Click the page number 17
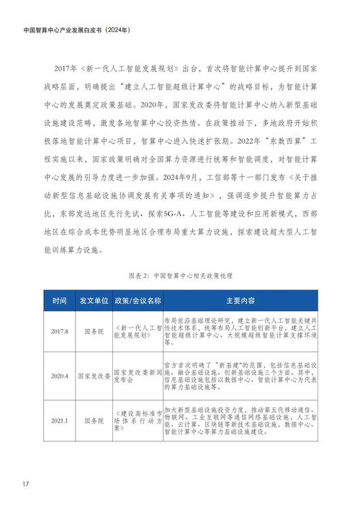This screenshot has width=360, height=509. click(x=25, y=482)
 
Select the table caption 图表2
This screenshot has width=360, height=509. click(x=180, y=276)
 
